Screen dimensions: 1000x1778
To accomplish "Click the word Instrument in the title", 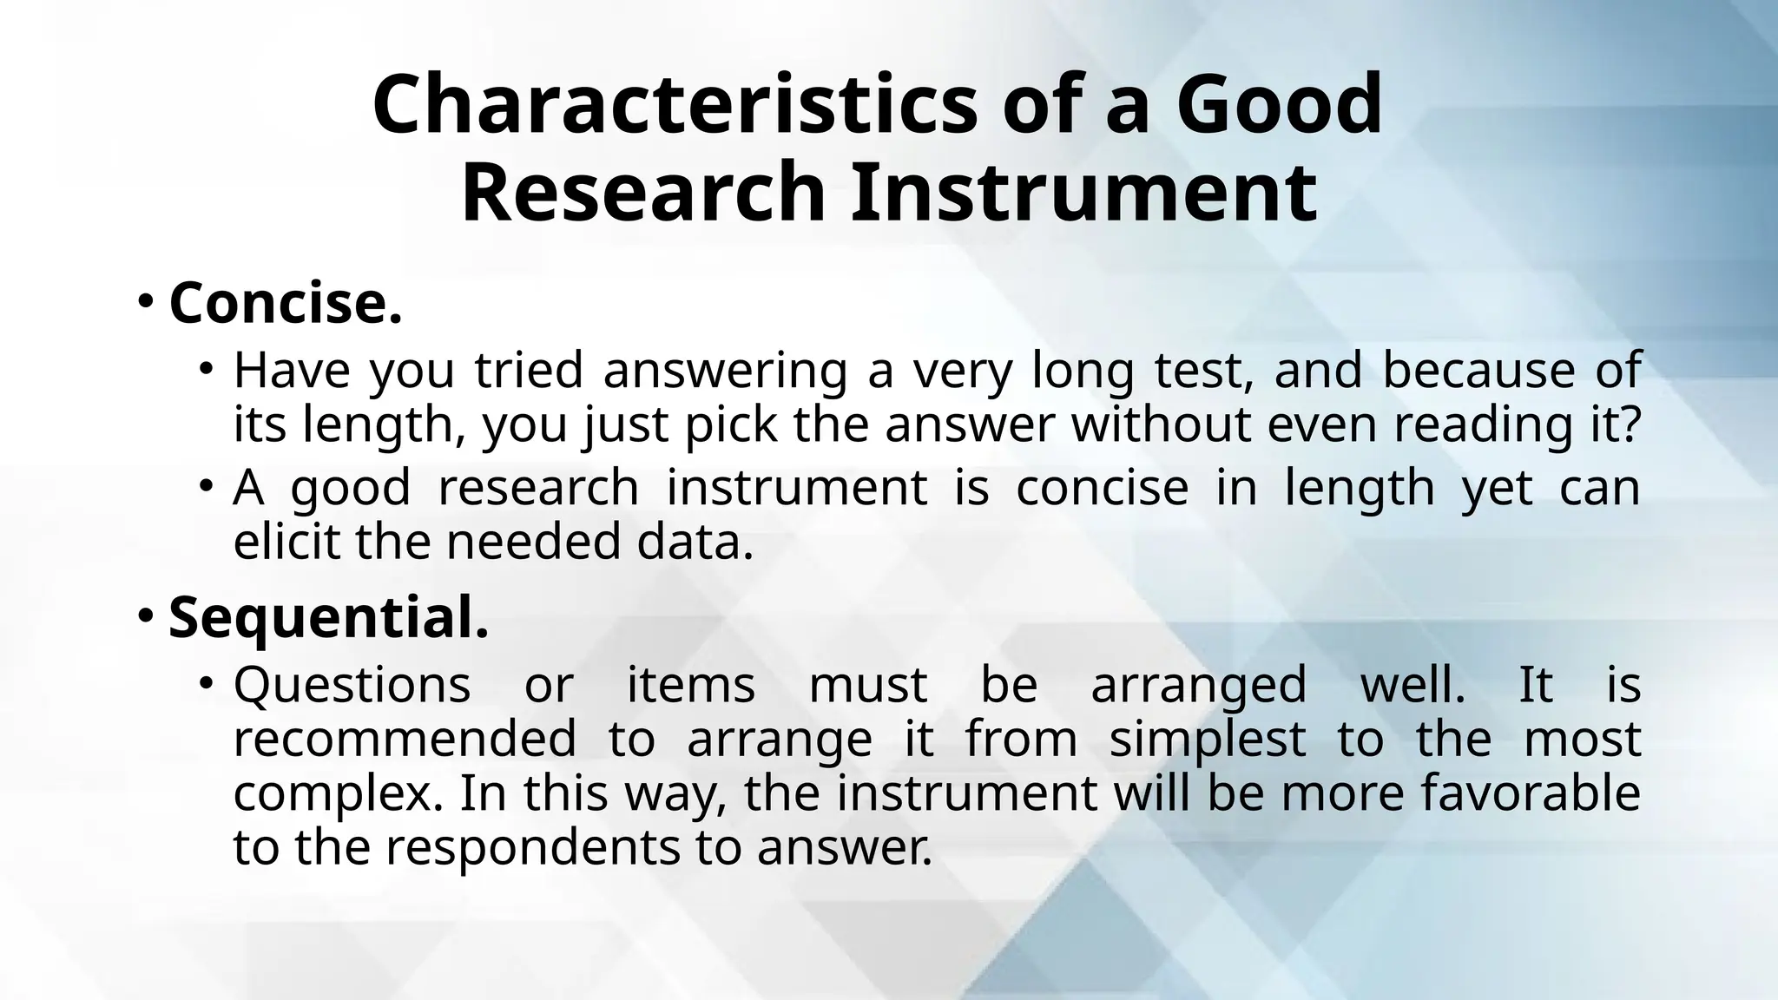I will point(1083,193).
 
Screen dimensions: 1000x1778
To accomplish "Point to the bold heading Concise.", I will point(286,303).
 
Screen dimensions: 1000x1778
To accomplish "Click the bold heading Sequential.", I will point(328,618).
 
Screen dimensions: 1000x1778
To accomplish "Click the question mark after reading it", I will point(1628,424).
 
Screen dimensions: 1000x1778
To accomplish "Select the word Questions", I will point(352,685).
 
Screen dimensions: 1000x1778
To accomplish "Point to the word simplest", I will point(1207,740).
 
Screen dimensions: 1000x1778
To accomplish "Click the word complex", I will point(331,794).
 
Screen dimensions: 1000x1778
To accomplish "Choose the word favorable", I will point(1527,793).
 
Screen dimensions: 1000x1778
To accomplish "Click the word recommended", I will point(404,740).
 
